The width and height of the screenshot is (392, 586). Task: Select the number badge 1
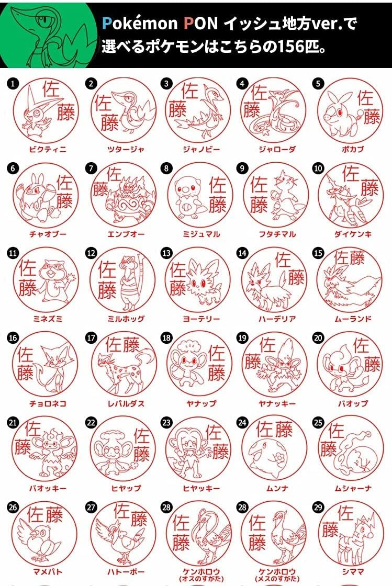pyautogui.click(x=13, y=83)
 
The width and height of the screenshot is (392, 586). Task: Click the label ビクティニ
pyautogui.click(x=48, y=150)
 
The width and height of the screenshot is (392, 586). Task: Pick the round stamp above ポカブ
pyautogui.click(x=351, y=110)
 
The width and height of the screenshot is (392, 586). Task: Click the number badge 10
pyautogui.click(x=318, y=168)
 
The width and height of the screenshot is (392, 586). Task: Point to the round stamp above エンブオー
pyautogui.click(x=124, y=195)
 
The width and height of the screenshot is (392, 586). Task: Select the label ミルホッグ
pyautogui.click(x=126, y=319)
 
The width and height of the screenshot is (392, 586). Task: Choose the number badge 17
pyautogui.click(x=91, y=338)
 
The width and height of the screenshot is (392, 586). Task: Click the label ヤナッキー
pyautogui.click(x=277, y=403)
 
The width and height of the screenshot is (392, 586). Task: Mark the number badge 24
pyautogui.click(x=242, y=423)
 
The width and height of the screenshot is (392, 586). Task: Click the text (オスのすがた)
pyautogui.click(x=201, y=579)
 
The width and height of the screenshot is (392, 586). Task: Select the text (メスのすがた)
pyautogui.click(x=277, y=579)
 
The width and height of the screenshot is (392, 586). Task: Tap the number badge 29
pyautogui.click(x=318, y=507)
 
